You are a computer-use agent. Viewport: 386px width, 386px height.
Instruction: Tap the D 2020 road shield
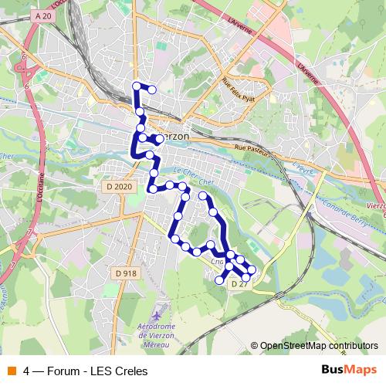tap(120, 187)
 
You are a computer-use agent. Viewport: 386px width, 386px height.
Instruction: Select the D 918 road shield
tap(126, 273)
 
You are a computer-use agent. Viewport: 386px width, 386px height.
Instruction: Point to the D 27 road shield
tap(238, 285)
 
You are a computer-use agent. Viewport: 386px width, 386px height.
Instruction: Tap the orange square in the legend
tap(11, 371)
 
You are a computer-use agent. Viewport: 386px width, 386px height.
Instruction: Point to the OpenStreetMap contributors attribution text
tap(318, 346)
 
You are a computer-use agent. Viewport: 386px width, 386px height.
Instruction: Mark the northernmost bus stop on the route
tap(137, 86)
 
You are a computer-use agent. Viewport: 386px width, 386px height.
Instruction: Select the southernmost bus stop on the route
tap(219, 282)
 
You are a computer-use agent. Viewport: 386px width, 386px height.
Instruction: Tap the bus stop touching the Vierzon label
tap(158, 139)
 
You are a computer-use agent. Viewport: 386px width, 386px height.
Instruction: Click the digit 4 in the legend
tap(27, 371)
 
